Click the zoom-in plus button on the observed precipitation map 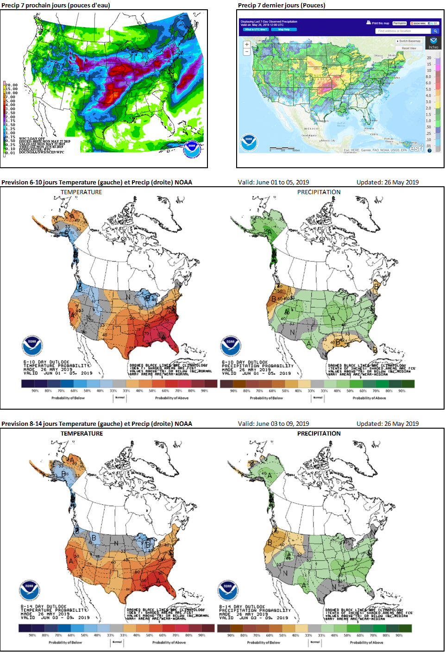coord(247,44)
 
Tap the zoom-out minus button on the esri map coord(247,51)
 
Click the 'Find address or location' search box coord(403,31)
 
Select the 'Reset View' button coord(409,48)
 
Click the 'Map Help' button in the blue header coord(284,29)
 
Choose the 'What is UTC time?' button coord(256,29)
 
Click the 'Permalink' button coord(399,23)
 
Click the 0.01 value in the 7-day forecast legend coord(10,153)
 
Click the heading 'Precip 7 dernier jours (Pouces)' coord(282,6)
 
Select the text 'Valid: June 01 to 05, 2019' coord(273,182)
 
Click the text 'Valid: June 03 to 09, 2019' coord(273,424)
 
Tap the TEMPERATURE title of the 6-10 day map coord(81,192)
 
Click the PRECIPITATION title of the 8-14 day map coord(319,433)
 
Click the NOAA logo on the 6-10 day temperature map coord(32,347)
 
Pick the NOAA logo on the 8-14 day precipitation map coord(227,589)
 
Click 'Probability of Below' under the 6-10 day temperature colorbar coord(68,398)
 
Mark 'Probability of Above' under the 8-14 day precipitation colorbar coord(366,642)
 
